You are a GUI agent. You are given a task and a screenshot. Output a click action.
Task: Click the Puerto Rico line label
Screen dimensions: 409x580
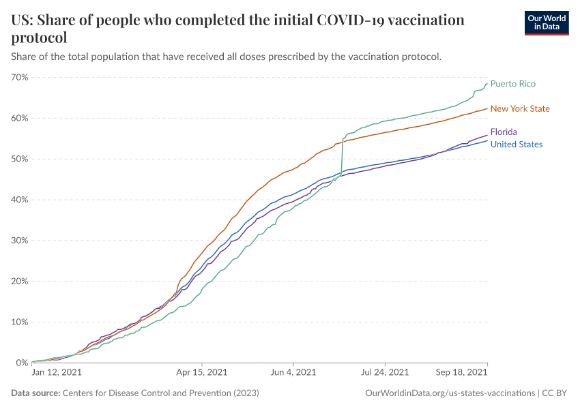coord(512,84)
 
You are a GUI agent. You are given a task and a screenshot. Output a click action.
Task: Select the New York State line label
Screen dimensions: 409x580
coord(520,108)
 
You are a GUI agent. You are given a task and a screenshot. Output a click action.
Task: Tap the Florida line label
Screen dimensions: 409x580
coord(504,132)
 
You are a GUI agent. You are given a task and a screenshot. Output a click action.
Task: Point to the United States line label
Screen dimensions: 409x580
coord(517,145)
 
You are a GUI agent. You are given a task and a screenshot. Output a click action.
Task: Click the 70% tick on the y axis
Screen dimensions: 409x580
coord(20,77)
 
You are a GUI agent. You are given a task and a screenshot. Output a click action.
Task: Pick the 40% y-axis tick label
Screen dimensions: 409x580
coord(20,200)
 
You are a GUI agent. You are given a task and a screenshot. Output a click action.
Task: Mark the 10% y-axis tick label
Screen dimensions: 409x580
coord(20,322)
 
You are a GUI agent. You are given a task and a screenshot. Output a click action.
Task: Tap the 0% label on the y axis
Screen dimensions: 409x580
coord(22,363)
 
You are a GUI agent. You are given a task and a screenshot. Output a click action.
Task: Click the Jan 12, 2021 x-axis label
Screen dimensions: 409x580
coord(57,373)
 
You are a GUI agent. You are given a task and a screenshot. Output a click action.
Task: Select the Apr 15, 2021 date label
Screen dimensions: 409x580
coord(203,373)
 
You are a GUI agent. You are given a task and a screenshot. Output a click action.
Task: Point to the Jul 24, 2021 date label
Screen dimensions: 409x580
coord(384,373)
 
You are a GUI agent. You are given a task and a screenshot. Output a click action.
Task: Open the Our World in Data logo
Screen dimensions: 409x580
coord(547,22)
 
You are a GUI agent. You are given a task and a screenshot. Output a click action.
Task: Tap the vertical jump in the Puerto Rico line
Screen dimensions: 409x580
coord(342,157)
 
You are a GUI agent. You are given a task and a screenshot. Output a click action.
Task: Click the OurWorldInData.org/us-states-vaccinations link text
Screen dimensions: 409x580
coord(450,393)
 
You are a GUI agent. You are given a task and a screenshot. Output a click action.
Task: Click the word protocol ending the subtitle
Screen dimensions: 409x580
coord(418,56)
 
